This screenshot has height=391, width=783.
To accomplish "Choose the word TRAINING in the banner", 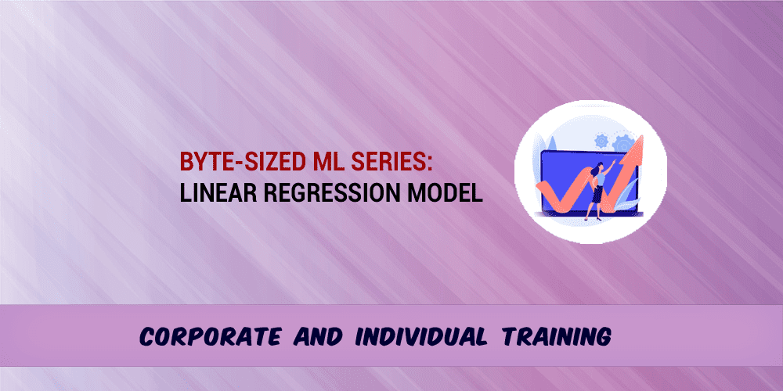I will coord(553,337).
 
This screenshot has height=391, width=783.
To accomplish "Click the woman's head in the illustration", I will coord(601,166).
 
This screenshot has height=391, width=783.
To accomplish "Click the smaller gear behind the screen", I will coord(601,142).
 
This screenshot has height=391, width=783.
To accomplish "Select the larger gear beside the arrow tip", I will coord(624,145).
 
